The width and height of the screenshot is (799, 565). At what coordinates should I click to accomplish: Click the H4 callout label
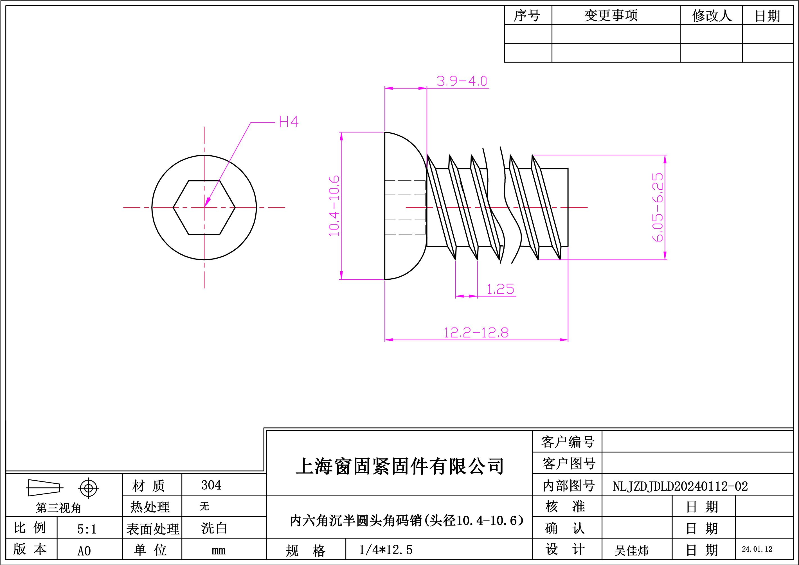289,122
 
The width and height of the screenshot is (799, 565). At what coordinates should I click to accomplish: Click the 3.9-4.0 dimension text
462,81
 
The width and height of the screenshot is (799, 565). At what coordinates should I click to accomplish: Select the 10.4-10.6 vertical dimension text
334,206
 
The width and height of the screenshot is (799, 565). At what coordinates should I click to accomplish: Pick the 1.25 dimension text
500,289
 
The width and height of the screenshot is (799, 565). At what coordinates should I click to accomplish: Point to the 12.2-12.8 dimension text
476,333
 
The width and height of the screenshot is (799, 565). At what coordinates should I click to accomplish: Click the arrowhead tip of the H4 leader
205,206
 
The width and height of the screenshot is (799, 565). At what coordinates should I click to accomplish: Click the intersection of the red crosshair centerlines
204,207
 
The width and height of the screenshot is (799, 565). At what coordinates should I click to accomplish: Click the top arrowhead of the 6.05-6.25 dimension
665,159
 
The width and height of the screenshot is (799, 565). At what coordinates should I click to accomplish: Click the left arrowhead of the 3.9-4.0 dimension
389,88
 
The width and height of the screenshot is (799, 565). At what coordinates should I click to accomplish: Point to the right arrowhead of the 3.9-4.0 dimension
422,88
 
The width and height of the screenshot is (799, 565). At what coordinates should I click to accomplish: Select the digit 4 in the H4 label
294,122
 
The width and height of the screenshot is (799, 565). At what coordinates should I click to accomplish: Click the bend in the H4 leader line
251,122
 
